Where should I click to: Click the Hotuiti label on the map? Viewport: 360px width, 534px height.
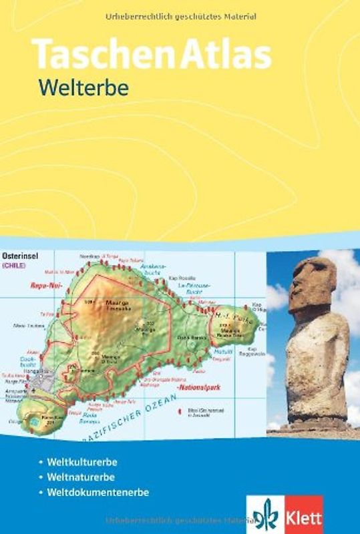[223, 352]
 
